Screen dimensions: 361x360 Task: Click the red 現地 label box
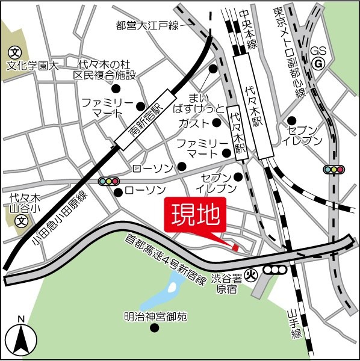point(194,214)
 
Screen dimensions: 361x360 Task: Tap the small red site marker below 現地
point(235,247)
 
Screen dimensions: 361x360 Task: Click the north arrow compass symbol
point(21,339)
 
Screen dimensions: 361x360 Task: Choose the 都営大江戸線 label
point(147,25)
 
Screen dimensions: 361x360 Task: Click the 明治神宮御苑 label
point(155,315)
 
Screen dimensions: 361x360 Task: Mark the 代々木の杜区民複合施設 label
point(105,70)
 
